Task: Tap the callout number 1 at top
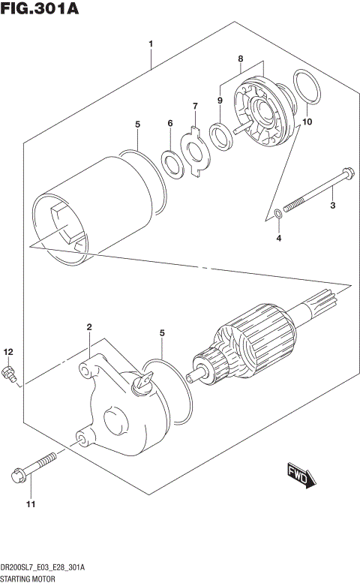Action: click(x=151, y=44)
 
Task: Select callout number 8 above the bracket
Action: click(x=241, y=58)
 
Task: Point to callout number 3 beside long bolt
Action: click(x=333, y=204)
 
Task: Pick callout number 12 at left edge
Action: click(x=8, y=351)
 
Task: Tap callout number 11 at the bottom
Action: click(x=31, y=503)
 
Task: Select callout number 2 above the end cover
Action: click(x=88, y=327)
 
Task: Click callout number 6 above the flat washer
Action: click(x=170, y=123)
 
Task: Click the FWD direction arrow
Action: click(x=303, y=477)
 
